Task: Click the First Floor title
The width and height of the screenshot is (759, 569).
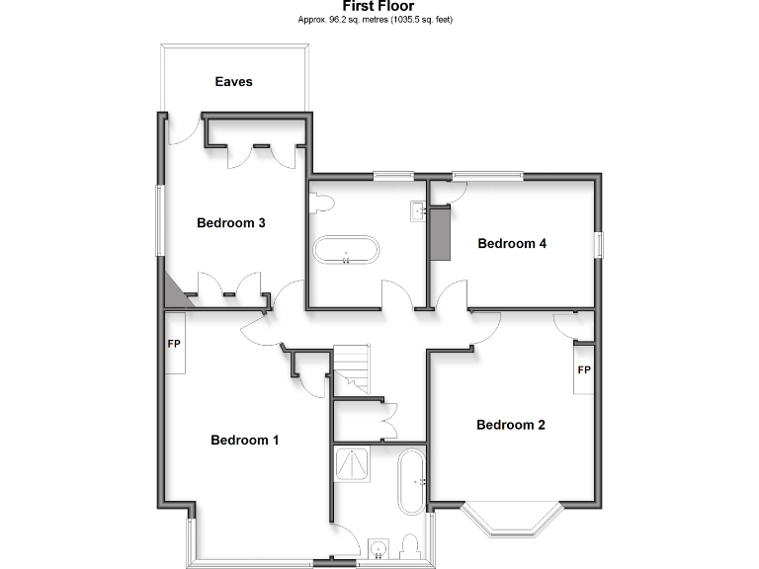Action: point(379,6)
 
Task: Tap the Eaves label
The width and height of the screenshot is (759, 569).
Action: point(234,82)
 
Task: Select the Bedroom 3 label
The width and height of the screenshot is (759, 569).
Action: point(231,223)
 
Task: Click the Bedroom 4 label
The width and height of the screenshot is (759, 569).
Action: point(512,244)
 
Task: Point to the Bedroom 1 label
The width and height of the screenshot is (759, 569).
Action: point(245,441)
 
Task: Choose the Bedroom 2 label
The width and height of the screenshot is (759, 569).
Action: point(511,426)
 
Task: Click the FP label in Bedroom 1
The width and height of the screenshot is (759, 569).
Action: point(174,345)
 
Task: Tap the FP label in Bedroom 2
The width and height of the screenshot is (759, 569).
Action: point(584,370)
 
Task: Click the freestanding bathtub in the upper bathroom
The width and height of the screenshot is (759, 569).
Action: point(345,250)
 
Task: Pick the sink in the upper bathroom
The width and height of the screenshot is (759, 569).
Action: point(418,209)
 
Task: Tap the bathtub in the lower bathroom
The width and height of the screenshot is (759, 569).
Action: point(410,482)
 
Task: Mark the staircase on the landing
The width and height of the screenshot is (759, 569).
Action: point(351,368)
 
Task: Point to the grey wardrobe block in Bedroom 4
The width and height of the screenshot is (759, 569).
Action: point(441,233)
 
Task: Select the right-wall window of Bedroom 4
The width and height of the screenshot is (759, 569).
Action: point(597,245)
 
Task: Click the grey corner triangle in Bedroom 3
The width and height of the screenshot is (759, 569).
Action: point(173,292)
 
